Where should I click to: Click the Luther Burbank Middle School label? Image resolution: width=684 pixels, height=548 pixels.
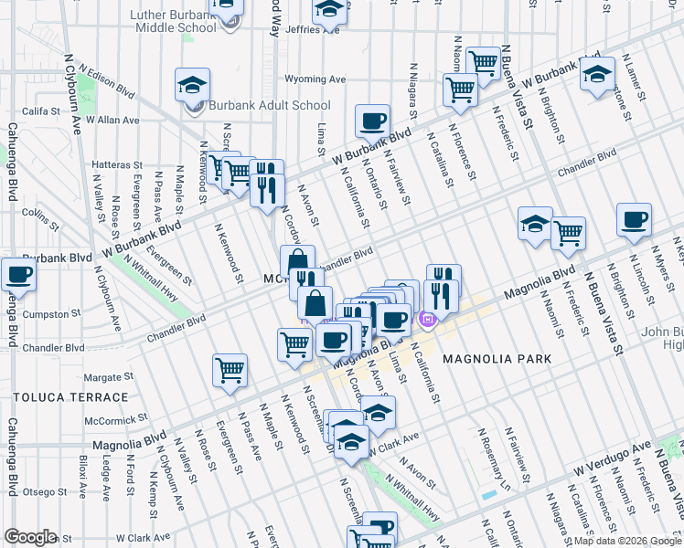[160, 21]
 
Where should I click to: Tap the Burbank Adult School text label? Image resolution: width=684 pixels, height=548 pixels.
[269, 105]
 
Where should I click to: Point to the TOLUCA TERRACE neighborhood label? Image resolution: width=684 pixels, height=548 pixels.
[70, 398]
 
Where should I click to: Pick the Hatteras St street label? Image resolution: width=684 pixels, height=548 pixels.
[113, 165]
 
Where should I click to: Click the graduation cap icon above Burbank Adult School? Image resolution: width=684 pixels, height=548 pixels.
[193, 85]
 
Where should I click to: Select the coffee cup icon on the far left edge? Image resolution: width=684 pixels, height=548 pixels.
[18, 274]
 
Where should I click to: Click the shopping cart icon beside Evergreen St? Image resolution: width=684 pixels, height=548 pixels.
[230, 370]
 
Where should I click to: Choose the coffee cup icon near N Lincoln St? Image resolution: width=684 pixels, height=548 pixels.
[634, 219]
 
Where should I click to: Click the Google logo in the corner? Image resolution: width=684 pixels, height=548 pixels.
[30, 537]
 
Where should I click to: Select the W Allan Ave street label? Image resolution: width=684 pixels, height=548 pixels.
[112, 121]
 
